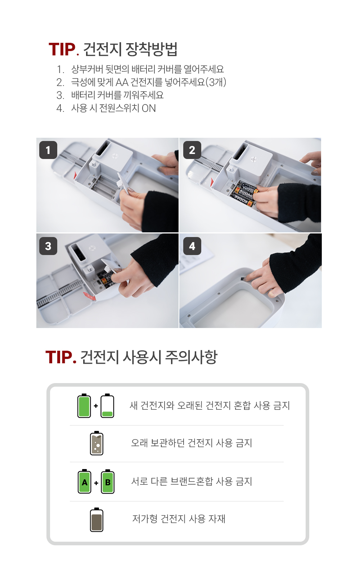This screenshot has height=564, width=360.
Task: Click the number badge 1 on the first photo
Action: (48, 150)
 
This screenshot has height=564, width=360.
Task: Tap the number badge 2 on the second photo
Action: (192, 150)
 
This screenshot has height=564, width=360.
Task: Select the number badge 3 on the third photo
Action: (48, 246)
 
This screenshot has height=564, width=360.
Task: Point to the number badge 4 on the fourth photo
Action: (192, 246)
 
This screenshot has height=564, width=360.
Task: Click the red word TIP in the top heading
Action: (62, 49)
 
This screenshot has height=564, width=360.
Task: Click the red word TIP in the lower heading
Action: (59, 357)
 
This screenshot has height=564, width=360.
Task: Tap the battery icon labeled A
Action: (84, 481)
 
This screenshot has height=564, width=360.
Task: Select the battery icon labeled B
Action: (108, 481)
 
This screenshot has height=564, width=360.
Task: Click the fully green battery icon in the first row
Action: (84, 405)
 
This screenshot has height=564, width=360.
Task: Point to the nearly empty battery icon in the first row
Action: (107, 405)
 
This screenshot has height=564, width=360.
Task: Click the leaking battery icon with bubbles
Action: (96, 443)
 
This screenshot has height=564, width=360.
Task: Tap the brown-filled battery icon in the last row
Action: (96, 520)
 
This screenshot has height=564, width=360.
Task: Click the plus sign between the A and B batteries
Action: (96, 483)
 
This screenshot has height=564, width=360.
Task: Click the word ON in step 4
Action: (149, 108)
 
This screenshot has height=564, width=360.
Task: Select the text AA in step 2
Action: (122, 82)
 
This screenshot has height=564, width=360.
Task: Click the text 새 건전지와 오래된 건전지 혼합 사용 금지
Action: (210, 405)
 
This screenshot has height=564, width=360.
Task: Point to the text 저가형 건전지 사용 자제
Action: (179, 519)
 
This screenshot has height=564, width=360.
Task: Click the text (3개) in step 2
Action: (216, 82)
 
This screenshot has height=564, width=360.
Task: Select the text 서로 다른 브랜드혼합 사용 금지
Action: (192, 481)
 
